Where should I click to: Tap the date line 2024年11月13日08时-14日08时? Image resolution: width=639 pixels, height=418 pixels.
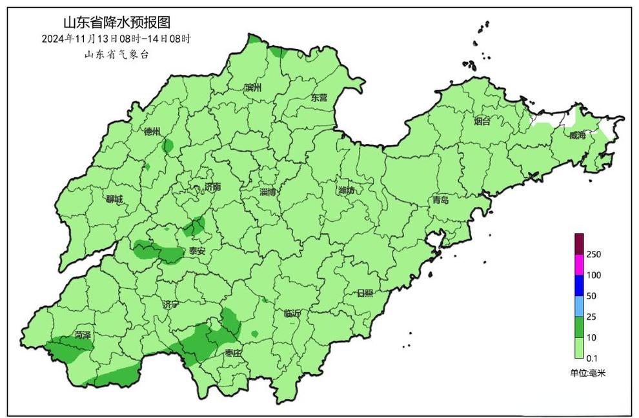tap(116, 39)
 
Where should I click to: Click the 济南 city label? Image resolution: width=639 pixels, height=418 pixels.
tap(212, 187)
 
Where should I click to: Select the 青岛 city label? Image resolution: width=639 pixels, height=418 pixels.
tap(441, 201)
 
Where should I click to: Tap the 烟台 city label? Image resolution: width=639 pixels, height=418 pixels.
tap(482, 121)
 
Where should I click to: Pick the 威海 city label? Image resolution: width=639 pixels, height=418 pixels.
tap(578, 135)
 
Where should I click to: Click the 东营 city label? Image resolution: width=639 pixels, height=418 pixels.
tap(319, 98)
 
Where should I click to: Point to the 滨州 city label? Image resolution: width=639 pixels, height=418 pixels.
tap(252, 88)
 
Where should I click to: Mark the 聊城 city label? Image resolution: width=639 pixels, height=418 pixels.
tap(114, 199)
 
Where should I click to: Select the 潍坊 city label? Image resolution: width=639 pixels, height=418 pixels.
tap(347, 190)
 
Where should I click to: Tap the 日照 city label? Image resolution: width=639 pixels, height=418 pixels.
tap(365, 293)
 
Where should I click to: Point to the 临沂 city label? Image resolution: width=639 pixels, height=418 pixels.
tap(292, 314)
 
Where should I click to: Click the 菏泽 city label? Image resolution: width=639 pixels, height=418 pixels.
tap(82, 335)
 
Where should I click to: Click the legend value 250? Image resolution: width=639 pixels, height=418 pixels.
tap(594, 255)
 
